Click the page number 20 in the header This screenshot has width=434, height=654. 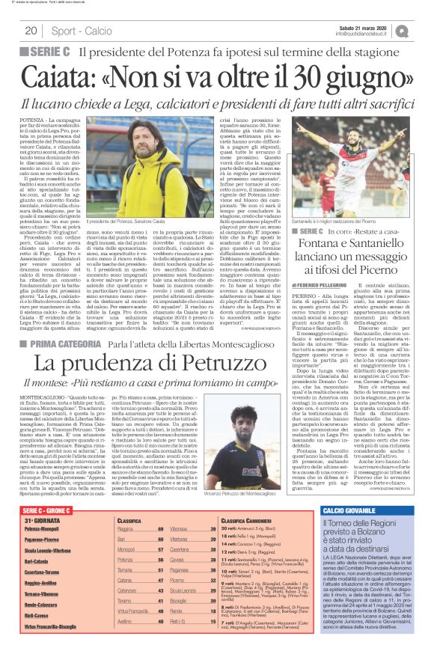(x=31, y=31)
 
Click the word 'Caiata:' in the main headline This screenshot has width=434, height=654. (x=59, y=77)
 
